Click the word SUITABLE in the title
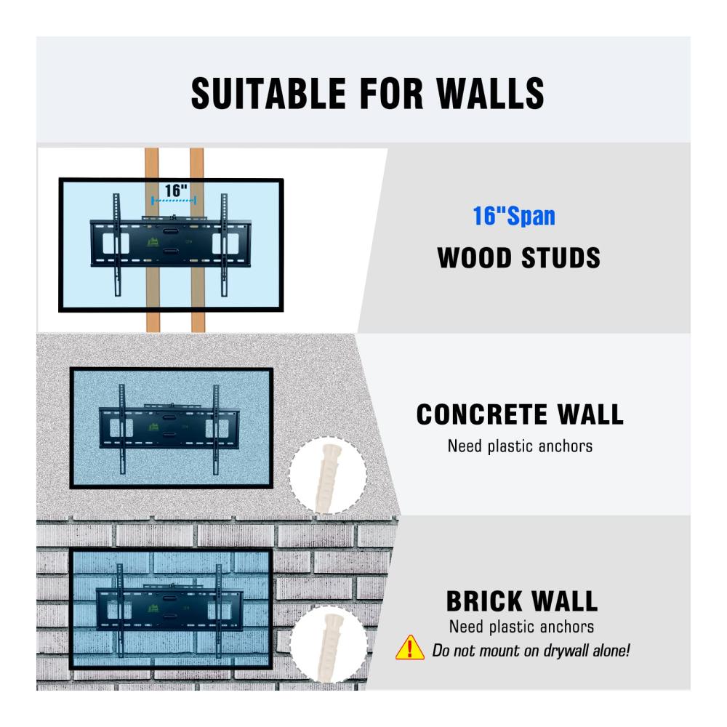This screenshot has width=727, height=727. (268, 93)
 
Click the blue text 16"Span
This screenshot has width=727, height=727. (514, 216)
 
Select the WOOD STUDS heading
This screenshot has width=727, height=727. (518, 258)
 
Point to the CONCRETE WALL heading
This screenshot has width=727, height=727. (520, 414)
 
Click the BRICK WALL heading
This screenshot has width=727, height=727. (521, 601)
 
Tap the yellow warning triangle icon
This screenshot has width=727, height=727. (410, 647)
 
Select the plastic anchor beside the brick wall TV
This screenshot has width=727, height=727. (329, 646)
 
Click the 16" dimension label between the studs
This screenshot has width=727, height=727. (176, 190)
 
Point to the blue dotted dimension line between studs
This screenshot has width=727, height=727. (174, 201)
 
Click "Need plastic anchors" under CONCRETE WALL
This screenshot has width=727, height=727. (520, 446)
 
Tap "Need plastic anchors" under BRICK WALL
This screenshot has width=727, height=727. (521, 627)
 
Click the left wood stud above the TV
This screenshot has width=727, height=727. (152, 163)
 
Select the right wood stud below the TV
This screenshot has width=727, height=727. (198, 321)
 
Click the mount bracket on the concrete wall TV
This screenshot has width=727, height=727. (169, 428)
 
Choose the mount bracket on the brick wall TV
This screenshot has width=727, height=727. (169, 609)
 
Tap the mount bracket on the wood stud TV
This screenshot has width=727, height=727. (171, 244)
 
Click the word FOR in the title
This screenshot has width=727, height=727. (391, 93)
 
